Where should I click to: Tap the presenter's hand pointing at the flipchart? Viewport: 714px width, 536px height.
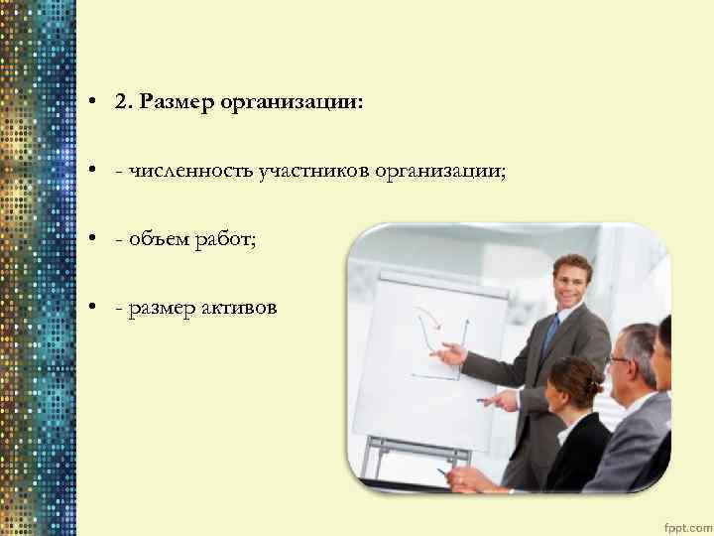tap(452, 353)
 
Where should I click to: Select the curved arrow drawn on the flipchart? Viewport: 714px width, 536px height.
tap(428, 333)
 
